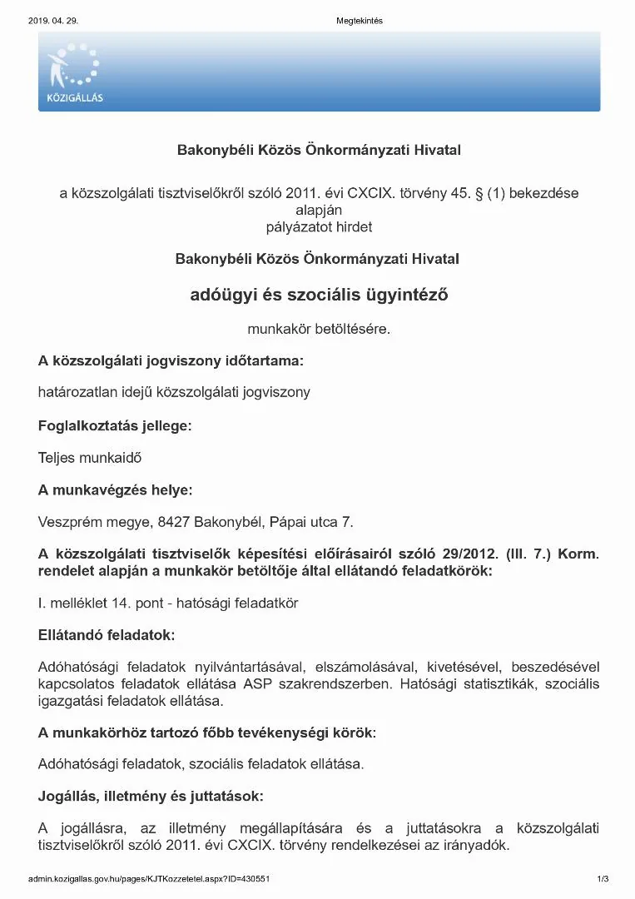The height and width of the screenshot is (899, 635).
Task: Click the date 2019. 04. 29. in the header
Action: pos(53,21)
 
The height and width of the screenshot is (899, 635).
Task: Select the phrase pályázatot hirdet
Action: pos(318,226)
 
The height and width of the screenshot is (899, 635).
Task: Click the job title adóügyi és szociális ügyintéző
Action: pos(319,294)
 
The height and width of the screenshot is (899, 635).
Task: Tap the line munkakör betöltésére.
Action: pos(319,329)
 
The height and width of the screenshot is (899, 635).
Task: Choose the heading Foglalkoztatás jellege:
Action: pos(115,425)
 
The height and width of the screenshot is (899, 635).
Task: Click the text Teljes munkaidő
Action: pos(84,457)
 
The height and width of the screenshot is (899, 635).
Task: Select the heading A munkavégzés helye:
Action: pos(116,490)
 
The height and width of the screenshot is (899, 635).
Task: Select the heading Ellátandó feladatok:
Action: pos(107,635)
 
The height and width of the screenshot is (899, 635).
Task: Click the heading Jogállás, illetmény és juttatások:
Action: pos(151,796)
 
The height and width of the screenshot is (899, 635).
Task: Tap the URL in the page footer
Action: pos(148,879)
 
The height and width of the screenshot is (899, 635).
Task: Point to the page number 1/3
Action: pos(603,879)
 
